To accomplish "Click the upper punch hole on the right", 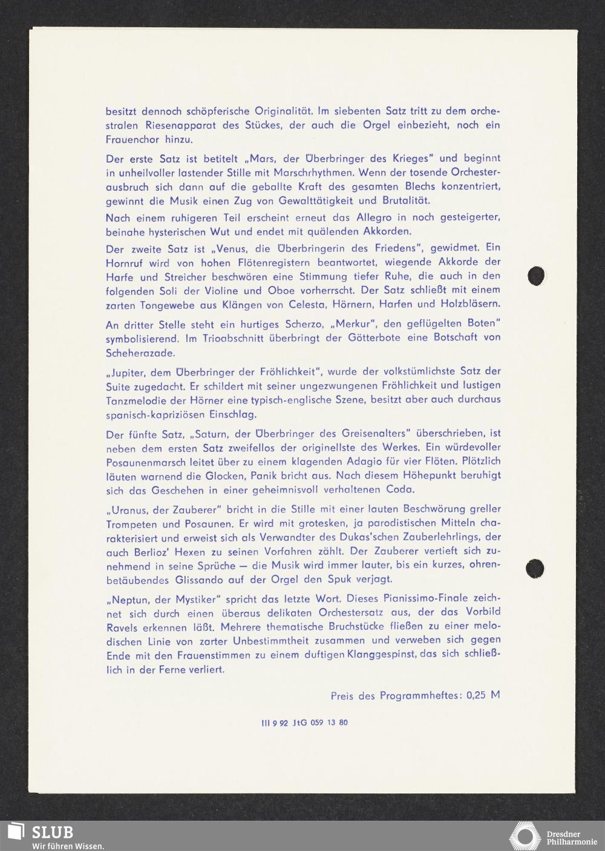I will point(537,276).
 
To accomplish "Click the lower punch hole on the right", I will point(535,568).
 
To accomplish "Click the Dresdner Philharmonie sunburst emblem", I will point(525,836).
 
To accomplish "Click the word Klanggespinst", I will point(381,655).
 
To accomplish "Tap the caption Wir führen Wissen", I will point(68,846).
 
